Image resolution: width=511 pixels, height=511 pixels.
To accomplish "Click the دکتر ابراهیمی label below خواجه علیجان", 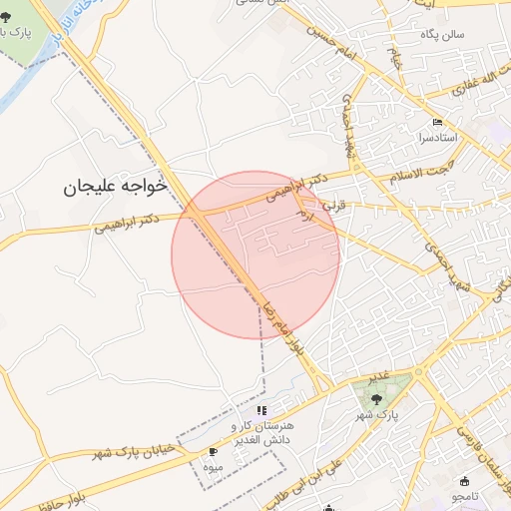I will tap(126, 222).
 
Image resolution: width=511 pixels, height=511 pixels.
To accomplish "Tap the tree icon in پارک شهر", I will tap(376, 398).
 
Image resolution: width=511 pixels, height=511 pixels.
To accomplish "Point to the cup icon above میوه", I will tap(213, 452).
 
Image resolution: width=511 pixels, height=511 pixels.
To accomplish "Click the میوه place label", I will tap(211, 466).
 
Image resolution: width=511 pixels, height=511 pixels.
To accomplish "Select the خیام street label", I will tap(395, 55).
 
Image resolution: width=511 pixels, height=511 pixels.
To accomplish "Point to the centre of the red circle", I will tap(255, 255).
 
